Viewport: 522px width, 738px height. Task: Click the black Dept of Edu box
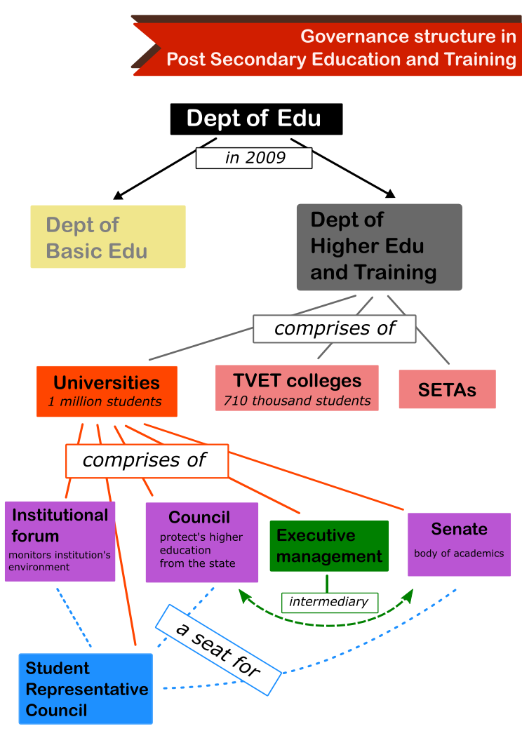257,119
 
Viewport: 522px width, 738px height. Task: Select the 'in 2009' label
254,158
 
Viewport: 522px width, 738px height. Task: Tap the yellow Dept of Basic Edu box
108,236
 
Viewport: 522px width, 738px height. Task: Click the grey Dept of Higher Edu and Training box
380,247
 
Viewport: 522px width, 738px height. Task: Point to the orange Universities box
107,391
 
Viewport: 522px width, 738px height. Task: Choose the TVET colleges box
297,389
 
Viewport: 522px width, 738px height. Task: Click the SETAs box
447,389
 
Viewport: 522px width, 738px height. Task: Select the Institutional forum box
60,542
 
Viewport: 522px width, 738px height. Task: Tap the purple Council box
202,542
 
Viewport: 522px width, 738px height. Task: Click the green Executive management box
329,546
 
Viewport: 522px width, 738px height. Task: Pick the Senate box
459,544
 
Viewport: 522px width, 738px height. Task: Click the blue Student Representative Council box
86,689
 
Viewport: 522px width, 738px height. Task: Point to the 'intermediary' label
330,603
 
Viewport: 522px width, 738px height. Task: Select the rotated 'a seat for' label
218,650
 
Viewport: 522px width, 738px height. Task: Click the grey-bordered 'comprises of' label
335,328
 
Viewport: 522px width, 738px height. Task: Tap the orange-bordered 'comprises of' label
147,461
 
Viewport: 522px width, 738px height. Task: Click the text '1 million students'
105,401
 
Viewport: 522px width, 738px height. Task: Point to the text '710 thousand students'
297,401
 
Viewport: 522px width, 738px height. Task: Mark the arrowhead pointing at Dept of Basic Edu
118,195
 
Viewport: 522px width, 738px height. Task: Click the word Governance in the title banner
349,36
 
